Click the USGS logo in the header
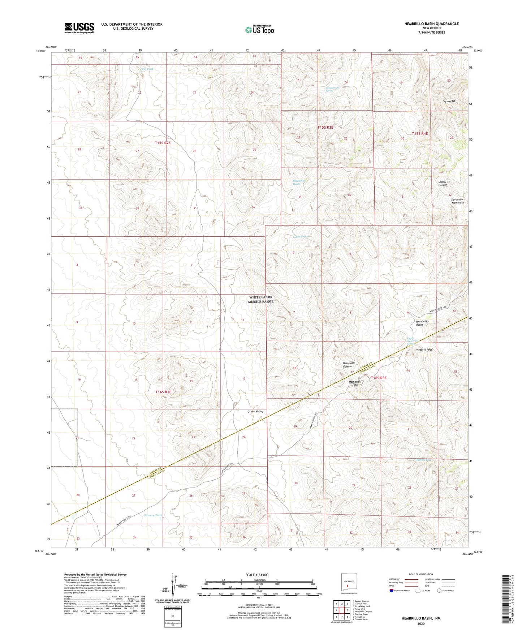pyautogui.click(x=79, y=27)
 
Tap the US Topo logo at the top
pyautogui.click(x=259, y=30)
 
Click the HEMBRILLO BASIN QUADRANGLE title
pyautogui.click(x=431, y=24)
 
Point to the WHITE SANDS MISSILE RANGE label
pyautogui.click(x=261, y=299)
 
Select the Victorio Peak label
pyautogui.click(x=424, y=350)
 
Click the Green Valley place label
pyautogui.click(x=255, y=411)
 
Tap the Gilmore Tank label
pyautogui.click(x=152, y=515)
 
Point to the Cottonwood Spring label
pyautogui.click(x=334, y=89)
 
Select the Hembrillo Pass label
pyautogui.click(x=355, y=383)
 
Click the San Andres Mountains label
pyautogui.click(x=457, y=201)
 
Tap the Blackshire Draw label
pyautogui.click(x=299, y=182)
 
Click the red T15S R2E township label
pyautogui.click(x=163, y=143)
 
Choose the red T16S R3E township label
pyautogui.click(x=379, y=378)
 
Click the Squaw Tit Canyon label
pyautogui.click(x=443, y=183)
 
